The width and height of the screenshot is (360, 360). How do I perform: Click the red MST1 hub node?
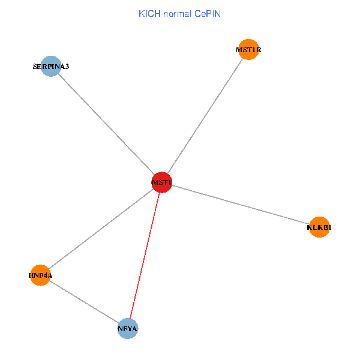[162, 182]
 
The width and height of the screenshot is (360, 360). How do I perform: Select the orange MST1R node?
[248, 50]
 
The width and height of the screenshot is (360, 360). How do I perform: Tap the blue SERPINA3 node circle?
[51, 66]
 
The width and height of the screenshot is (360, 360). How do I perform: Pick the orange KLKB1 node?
[319, 227]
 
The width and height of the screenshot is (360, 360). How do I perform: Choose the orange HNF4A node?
[40, 275]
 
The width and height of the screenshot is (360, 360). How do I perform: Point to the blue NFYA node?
[128, 328]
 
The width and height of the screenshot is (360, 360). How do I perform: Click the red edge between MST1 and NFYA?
[145, 254]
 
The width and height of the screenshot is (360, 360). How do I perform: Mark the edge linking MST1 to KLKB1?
[240, 204]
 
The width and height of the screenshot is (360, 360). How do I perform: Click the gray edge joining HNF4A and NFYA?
[84, 302]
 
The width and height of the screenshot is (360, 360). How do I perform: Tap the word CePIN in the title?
[208, 13]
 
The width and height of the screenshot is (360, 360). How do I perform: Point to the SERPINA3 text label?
[51, 66]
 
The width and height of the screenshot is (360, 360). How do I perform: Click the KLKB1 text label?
[319, 227]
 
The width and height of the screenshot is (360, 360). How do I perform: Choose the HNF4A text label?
[40, 275]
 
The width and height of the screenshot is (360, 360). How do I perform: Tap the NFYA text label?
[128, 329]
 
